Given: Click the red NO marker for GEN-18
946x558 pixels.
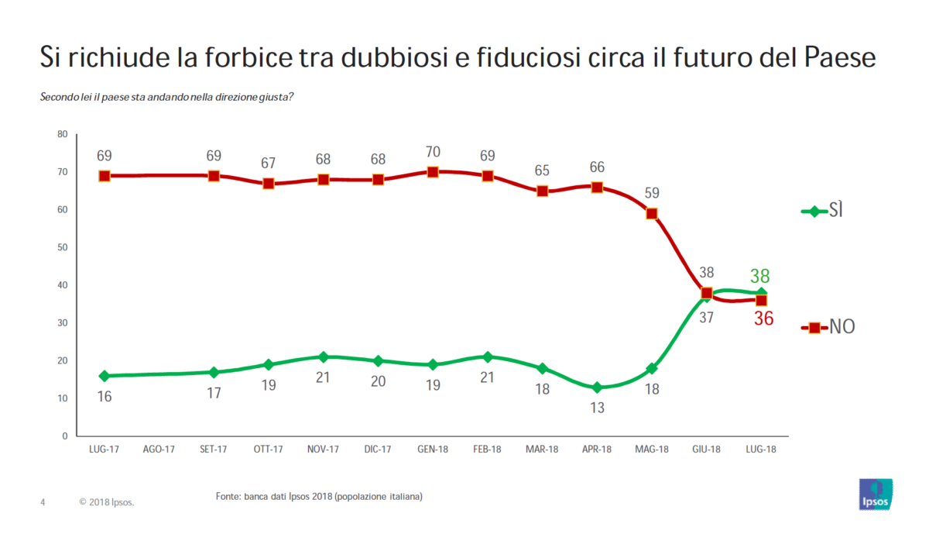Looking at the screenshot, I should (x=433, y=172).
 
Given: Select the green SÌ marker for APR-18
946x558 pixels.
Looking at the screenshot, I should (x=597, y=387).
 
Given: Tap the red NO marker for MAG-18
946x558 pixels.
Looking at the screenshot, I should (x=652, y=214).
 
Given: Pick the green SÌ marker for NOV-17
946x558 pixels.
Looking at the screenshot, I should (x=324, y=357).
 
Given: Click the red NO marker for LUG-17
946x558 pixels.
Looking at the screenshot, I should (x=105, y=176).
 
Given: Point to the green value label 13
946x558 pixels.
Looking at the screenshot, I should (x=597, y=407).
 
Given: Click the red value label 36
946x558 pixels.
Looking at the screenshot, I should (x=763, y=319).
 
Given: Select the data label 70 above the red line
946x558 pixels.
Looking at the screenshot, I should (x=433, y=153).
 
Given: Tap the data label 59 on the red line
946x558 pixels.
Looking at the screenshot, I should (x=652, y=193).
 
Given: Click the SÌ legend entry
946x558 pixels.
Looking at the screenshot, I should (x=824, y=211).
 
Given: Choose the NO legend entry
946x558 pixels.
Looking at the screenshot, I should (x=829, y=328).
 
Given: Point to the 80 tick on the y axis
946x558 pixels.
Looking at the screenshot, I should (x=62, y=135).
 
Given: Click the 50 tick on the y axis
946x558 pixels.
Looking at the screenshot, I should (x=62, y=248).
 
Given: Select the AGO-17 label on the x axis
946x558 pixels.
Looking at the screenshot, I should (x=159, y=449).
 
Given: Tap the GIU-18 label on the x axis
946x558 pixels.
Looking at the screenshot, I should (x=706, y=449).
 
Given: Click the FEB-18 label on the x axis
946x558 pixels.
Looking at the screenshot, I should (x=487, y=449).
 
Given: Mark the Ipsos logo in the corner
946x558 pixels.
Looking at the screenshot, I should (x=876, y=494).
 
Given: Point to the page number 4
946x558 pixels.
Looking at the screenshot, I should (x=43, y=502).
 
